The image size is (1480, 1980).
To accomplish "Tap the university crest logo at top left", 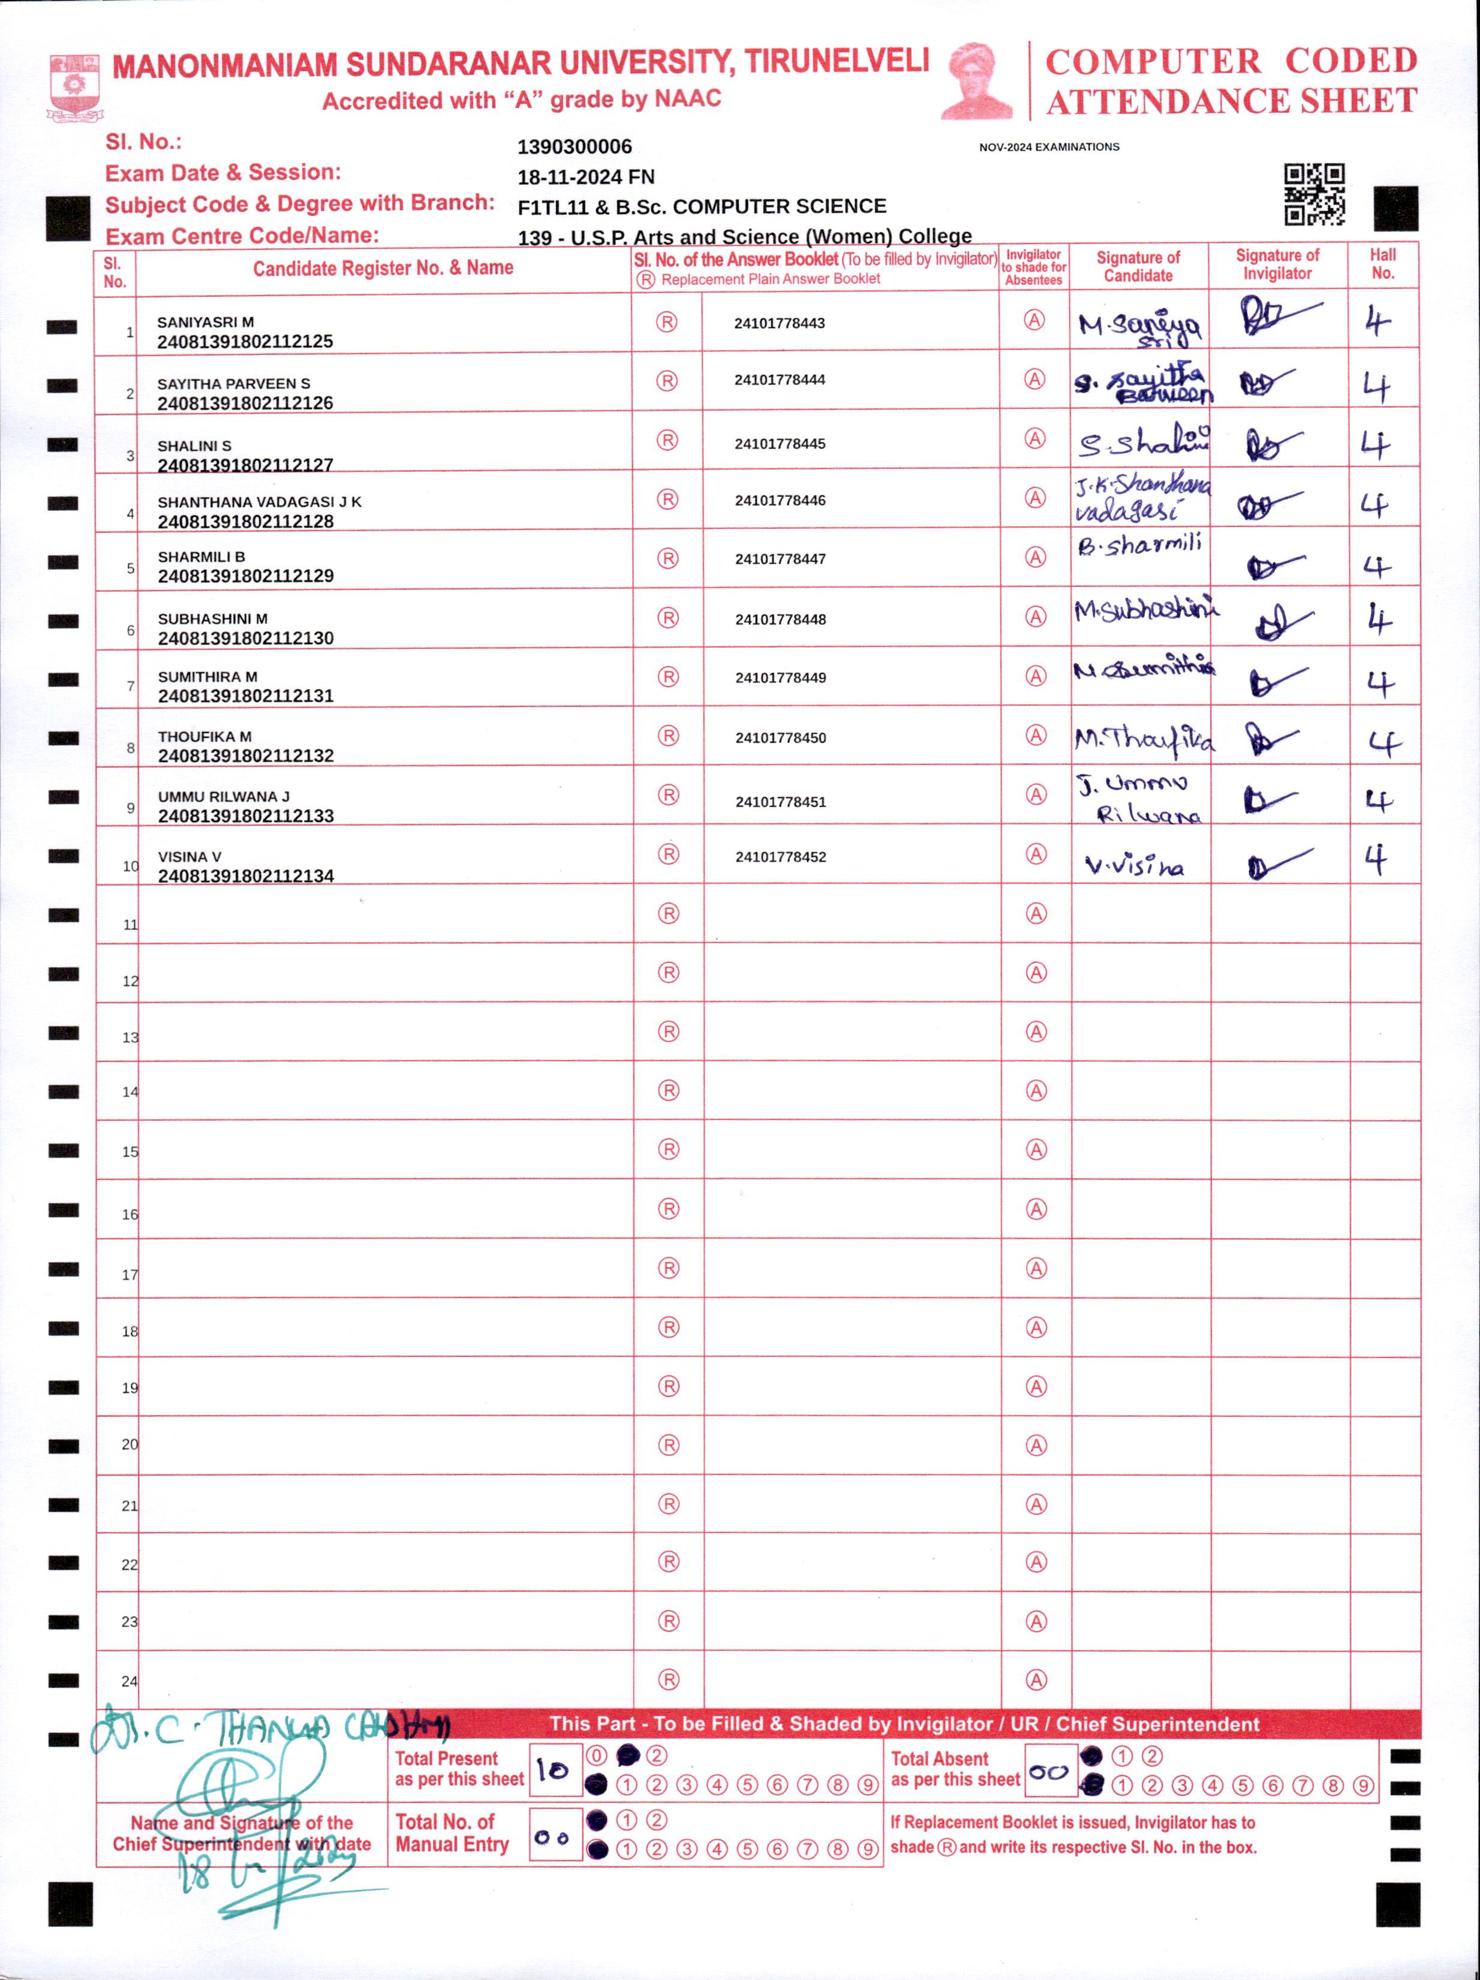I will [x=74, y=88].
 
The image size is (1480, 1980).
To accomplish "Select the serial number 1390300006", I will [x=574, y=147].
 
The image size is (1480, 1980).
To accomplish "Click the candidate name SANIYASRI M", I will [x=205, y=322].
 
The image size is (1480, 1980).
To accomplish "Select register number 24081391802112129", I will [x=245, y=576].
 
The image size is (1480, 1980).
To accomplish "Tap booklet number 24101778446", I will [x=780, y=500].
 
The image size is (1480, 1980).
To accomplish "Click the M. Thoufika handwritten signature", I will [x=1144, y=739].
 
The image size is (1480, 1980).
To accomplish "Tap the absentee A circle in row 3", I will [x=1035, y=438].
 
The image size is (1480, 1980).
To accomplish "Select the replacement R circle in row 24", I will [x=668, y=1680].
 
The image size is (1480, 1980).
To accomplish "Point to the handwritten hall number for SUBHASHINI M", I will [x=1379, y=619].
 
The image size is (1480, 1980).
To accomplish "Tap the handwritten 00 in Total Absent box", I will [x=1048, y=1771].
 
